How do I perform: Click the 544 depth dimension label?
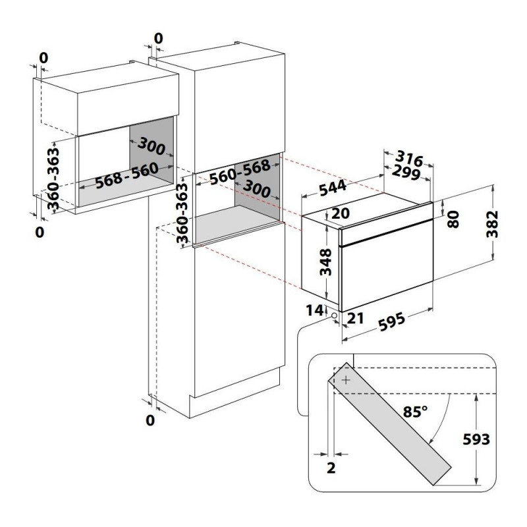(x=333, y=188)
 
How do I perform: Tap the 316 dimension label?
(x=408, y=158)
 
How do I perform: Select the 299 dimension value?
(x=406, y=173)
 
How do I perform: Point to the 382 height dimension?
(x=492, y=224)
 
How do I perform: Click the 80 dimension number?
(x=453, y=219)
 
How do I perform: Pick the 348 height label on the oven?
(x=325, y=262)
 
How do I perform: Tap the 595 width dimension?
(x=392, y=321)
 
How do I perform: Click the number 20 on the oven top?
(x=341, y=213)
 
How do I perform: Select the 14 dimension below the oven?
(x=315, y=310)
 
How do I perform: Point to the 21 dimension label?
(x=355, y=318)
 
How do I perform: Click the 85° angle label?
(x=416, y=411)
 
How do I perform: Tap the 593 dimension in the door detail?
(x=476, y=439)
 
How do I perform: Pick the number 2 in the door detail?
(x=331, y=468)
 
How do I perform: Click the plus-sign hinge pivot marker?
(x=346, y=380)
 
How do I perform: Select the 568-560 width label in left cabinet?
(x=126, y=176)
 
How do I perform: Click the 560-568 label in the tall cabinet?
(x=240, y=171)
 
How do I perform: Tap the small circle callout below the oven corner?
(x=334, y=315)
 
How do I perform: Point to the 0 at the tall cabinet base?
(x=150, y=420)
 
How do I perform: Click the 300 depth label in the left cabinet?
(x=152, y=146)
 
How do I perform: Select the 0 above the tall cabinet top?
(x=158, y=38)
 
